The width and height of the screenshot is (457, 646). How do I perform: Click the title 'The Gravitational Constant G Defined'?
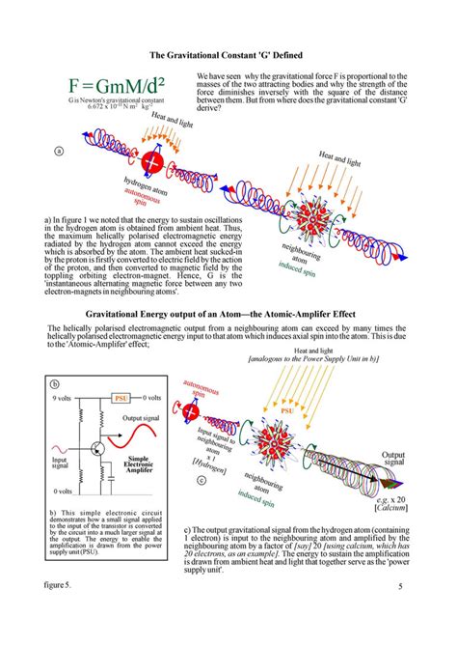pyautogui.click(x=228, y=55)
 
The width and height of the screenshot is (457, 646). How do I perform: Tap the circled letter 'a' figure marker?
pyautogui.click(x=59, y=152)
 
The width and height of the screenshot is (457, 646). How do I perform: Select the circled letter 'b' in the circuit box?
pyautogui.click(x=55, y=383)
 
